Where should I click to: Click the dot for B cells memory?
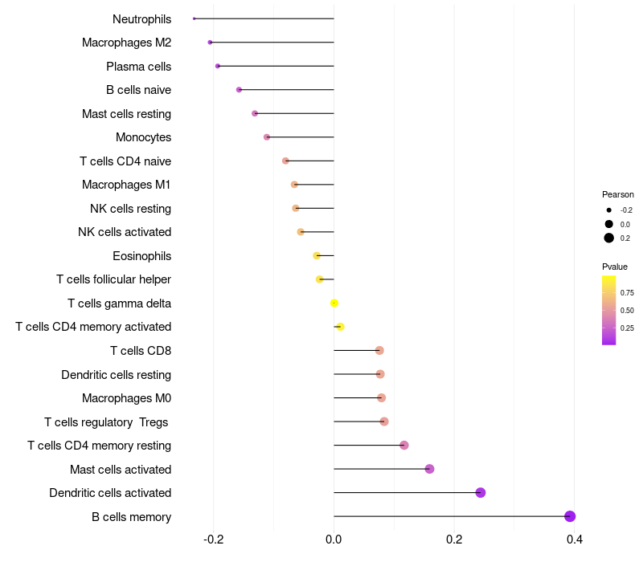pos(570,516)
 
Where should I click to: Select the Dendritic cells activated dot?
pos(481,493)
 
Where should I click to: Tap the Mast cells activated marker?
pos(429,469)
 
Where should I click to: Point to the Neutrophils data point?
pos(195,18)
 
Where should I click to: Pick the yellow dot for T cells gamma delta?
pos(334,303)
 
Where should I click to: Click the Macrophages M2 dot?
pos(210,43)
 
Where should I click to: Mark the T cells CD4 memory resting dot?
pos(404,446)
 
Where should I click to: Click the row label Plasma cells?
pos(138,66)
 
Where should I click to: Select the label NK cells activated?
pos(125,232)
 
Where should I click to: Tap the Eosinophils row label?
pos(141,256)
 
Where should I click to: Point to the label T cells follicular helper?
pos(113,279)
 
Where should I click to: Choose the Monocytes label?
pos(143,137)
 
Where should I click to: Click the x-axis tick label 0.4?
pos(574,539)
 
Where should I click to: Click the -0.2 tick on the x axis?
pos(213,539)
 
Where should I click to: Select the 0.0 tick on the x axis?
pos(334,539)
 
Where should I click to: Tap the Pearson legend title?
pos(617,194)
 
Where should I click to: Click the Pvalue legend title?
pos(615,267)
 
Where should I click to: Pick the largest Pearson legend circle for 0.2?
pos(609,238)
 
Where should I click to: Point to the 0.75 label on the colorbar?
pos(627,293)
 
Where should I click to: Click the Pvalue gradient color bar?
pos(609,310)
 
